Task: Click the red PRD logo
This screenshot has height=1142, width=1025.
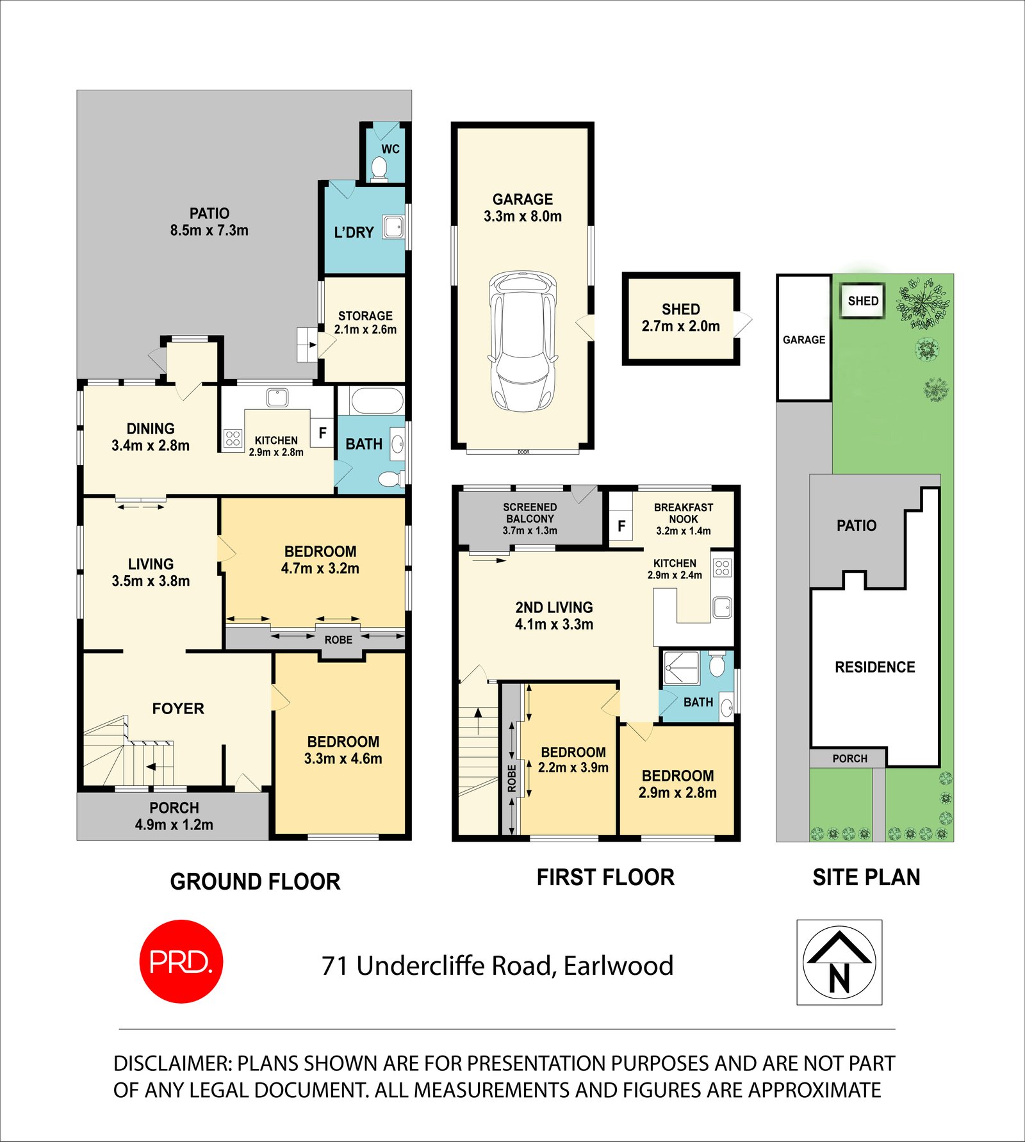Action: click(x=181, y=961)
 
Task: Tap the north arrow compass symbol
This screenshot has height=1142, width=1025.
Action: click(x=839, y=962)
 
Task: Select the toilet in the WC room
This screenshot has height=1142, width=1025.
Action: click(x=379, y=168)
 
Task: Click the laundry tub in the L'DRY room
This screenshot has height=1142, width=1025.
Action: click(x=393, y=227)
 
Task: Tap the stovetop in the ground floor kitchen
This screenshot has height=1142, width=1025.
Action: click(x=233, y=438)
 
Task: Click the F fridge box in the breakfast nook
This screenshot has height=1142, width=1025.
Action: click(x=621, y=526)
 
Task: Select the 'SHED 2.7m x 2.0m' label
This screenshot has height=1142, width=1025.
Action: click(x=680, y=318)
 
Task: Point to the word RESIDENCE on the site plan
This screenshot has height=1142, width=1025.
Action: click(x=874, y=667)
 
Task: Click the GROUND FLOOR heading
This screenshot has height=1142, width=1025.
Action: click(x=255, y=881)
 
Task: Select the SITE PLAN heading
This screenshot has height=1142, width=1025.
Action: click(x=866, y=877)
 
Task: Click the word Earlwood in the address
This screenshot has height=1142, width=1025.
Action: click(x=618, y=966)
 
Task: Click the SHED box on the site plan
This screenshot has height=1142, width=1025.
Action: click(x=863, y=300)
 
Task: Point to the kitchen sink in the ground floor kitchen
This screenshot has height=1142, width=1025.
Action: click(x=277, y=397)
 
